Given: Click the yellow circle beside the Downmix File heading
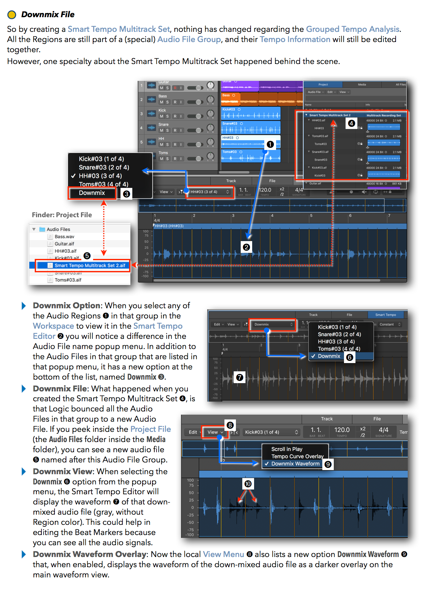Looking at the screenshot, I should click(11, 15).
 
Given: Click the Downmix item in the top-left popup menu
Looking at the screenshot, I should click(92, 193).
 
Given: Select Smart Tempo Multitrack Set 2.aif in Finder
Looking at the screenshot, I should click(90, 266).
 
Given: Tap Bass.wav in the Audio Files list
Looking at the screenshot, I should click(64, 237).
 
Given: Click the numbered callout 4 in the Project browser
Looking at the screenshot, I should click(351, 123).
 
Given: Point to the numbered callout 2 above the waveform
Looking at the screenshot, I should click(246, 247).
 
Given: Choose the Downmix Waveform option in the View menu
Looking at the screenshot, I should click(295, 464).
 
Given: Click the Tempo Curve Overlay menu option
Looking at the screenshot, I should click(297, 456).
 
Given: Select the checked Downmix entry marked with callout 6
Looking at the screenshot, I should click(329, 356).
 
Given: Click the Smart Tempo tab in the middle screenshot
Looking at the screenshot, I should click(385, 315).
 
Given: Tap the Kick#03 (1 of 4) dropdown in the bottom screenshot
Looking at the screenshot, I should click(271, 432).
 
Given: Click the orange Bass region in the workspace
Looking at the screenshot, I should click(261, 99).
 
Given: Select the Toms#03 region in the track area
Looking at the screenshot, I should click(251, 156).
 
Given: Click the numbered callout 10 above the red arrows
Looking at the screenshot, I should click(248, 484).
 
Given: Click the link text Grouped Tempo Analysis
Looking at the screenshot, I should click(352, 29).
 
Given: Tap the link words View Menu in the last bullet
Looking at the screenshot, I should click(223, 554).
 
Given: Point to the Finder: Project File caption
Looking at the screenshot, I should click(62, 215).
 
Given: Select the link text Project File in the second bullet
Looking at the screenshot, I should click(150, 429).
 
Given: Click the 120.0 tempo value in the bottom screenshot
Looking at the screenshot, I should click(342, 430).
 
